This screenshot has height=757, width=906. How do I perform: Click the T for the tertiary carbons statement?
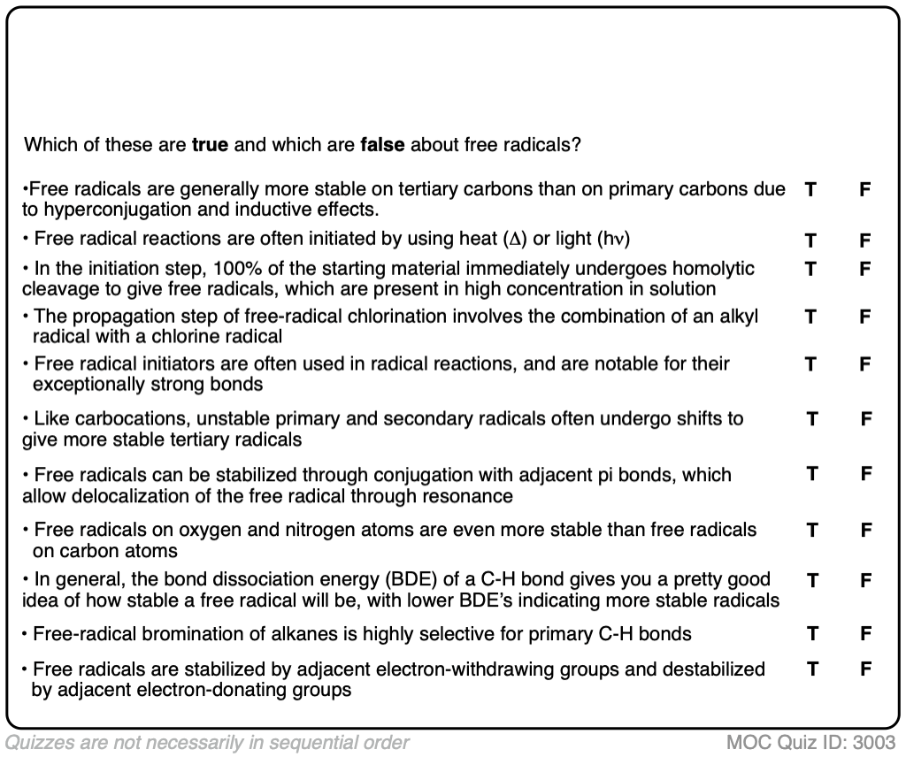click(810, 188)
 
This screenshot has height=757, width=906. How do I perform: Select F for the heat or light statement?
click(865, 240)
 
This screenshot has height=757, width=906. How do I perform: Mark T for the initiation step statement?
click(810, 268)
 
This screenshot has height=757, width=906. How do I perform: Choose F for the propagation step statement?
click(865, 317)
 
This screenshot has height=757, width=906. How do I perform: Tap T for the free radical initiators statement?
click(810, 363)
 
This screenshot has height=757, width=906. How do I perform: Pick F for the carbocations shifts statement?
click(866, 418)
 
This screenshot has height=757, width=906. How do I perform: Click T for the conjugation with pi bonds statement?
click(811, 474)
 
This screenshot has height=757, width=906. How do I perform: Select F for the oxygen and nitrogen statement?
click(866, 530)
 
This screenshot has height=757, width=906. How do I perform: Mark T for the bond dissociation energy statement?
click(811, 580)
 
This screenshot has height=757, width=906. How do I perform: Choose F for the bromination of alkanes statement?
click(866, 633)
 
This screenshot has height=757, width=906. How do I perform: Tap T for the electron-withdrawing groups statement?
click(811, 669)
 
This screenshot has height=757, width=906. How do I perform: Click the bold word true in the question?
click(210, 144)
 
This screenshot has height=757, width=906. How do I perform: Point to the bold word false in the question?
click(382, 144)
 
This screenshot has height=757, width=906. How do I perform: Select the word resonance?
click(470, 496)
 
